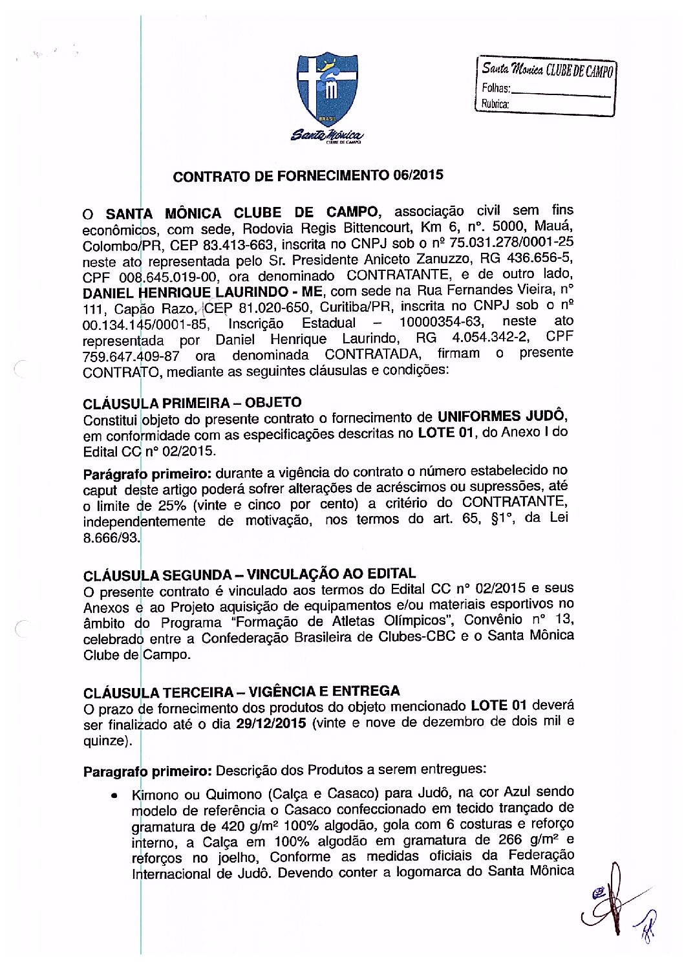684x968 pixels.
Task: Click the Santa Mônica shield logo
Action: pyautogui.click(x=327, y=91)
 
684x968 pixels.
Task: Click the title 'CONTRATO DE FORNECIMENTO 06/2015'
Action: pyautogui.click(x=308, y=175)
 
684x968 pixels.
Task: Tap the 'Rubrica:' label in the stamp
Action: pyautogui.click(x=495, y=103)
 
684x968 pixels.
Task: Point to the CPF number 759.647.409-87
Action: pyautogui.click(x=131, y=356)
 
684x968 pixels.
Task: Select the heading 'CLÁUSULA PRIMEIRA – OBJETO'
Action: pyautogui.click(x=192, y=403)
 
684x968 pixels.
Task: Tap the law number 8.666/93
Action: pyautogui.click(x=111, y=537)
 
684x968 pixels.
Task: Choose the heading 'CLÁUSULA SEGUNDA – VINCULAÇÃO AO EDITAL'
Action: pyautogui.click(x=250, y=574)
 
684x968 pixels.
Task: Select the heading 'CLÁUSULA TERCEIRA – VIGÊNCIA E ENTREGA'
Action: pyautogui.click(x=242, y=691)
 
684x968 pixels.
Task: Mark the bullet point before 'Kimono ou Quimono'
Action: pyautogui.click(x=114, y=795)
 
